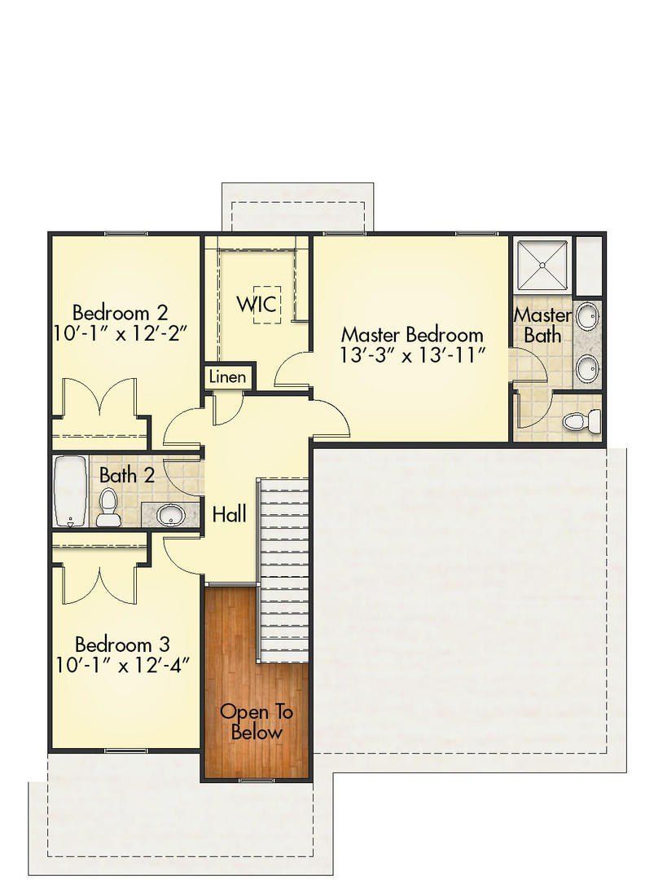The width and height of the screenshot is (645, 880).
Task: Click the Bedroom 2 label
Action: [x=121, y=312]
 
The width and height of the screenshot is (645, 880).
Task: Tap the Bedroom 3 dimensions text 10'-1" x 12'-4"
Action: [x=123, y=665]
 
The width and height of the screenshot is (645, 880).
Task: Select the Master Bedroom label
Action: [x=411, y=334]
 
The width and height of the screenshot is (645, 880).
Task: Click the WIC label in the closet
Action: [x=258, y=304]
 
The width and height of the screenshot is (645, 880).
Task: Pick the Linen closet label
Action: [x=227, y=377]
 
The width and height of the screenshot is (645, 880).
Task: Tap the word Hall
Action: [x=230, y=513]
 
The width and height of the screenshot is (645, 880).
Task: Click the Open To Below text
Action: [x=257, y=721]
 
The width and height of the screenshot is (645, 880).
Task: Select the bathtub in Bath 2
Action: [x=69, y=491]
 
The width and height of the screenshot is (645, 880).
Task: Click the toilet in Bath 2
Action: [x=107, y=508]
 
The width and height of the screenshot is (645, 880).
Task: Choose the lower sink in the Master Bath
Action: [x=586, y=369]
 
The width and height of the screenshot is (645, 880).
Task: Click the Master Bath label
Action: [x=542, y=324]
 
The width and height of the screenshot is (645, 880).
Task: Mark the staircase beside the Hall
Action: [x=283, y=570]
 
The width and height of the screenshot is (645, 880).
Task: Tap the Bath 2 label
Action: [x=127, y=475]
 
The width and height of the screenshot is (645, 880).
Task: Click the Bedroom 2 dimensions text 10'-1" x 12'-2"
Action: [x=121, y=333]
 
